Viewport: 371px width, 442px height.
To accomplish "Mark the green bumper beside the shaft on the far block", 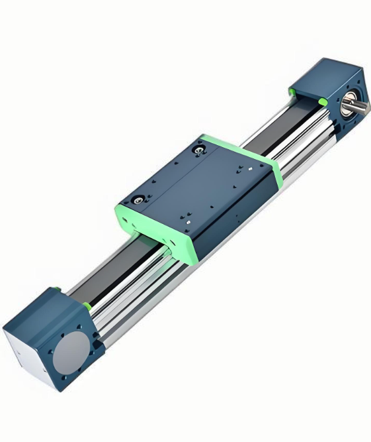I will click(x=321, y=101).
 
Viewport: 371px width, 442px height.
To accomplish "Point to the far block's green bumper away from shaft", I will click(x=291, y=89).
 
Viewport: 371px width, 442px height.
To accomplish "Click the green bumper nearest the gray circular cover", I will click(x=87, y=306).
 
